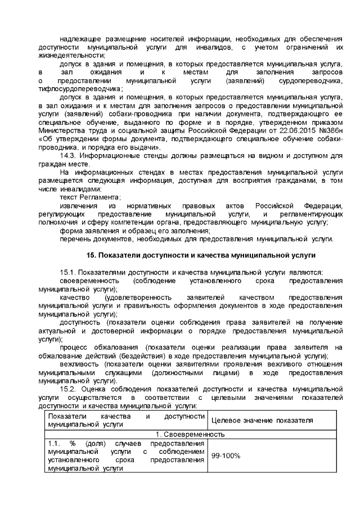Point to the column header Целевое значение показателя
click(x=262, y=421)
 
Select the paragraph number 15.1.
click(x=68, y=272)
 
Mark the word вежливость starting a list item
click(x=76, y=365)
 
